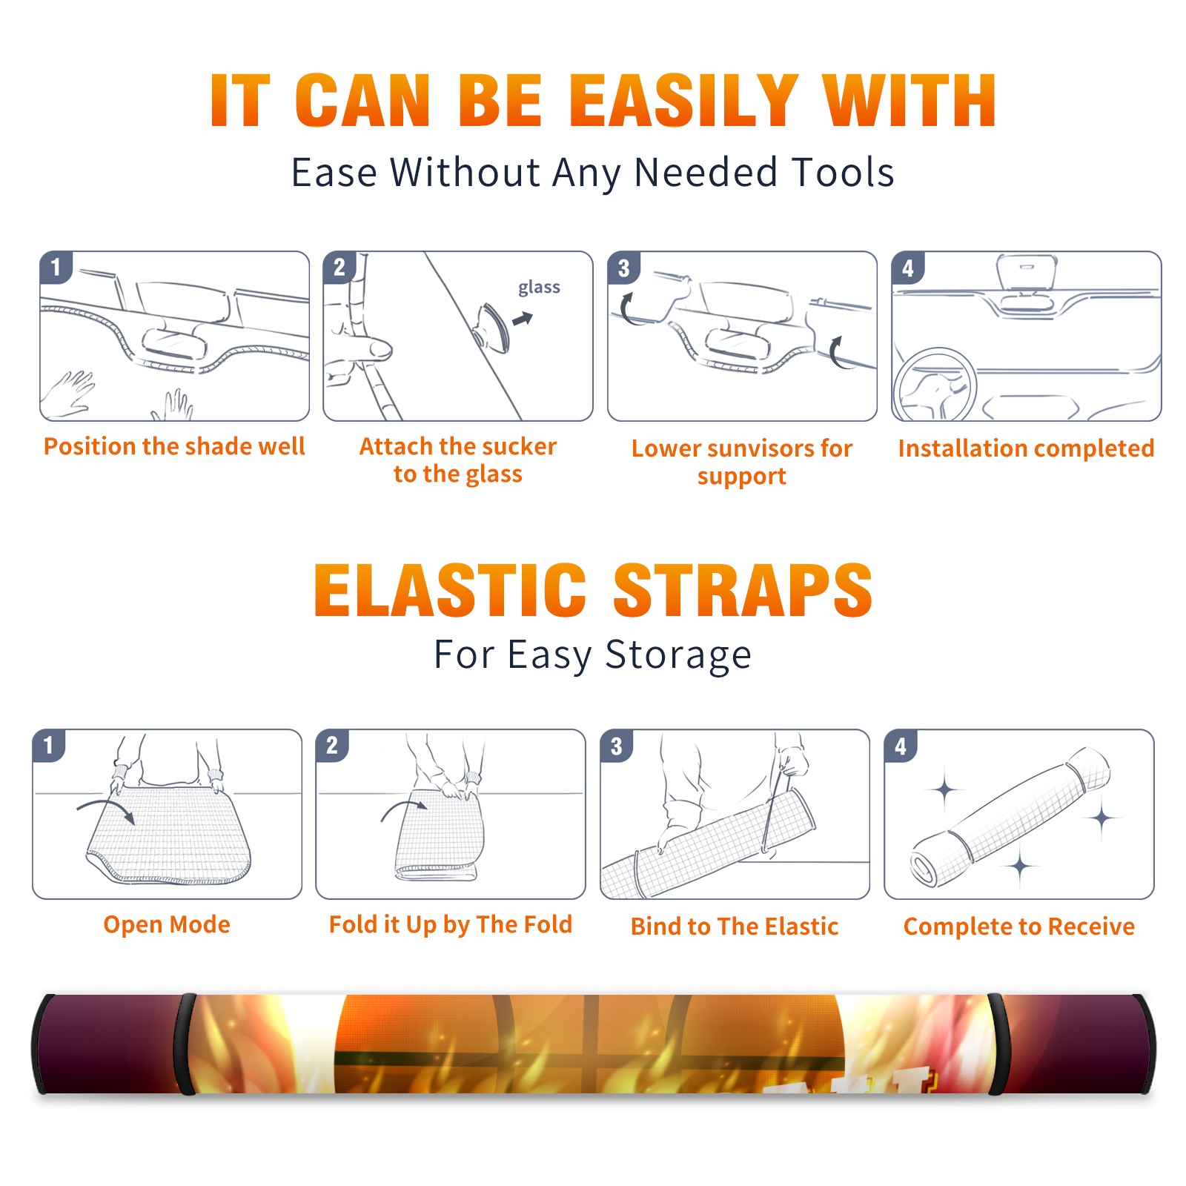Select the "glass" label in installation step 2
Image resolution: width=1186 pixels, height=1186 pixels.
[x=539, y=288]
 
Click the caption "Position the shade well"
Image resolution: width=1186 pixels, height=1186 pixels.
[x=174, y=446]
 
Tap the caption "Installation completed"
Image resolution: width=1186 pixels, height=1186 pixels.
[x=1026, y=448]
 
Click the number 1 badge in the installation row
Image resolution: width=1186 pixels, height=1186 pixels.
[x=56, y=267]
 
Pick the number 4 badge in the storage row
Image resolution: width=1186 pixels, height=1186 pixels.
[x=901, y=746]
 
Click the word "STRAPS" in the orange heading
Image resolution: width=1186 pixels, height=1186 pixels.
[x=743, y=590]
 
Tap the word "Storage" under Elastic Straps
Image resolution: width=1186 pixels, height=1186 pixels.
[x=678, y=655]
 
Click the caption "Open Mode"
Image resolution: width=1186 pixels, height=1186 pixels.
[x=167, y=924]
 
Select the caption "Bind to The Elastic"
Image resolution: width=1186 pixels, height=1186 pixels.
[x=735, y=927]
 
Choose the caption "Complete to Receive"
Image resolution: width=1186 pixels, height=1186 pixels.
[x=1019, y=927]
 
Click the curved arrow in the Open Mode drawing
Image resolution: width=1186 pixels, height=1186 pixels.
[x=106, y=809]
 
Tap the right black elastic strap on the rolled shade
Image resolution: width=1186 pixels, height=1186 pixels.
[x=995, y=1044]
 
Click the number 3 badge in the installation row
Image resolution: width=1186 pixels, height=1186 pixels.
[x=623, y=268]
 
